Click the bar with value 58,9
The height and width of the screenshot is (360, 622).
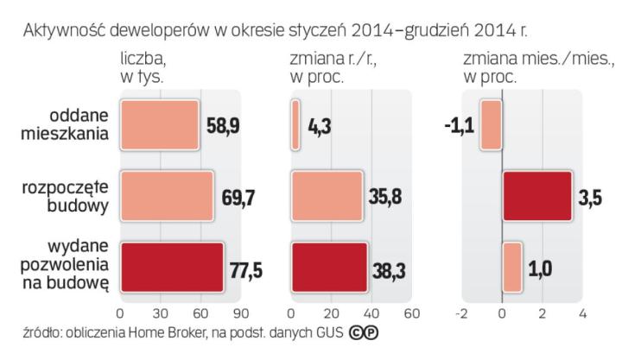(160, 125)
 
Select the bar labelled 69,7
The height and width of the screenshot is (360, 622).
(167, 196)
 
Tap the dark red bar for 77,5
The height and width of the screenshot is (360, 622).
(172, 267)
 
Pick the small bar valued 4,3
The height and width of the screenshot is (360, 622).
(296, 125)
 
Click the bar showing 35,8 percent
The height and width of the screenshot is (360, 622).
(327, 196)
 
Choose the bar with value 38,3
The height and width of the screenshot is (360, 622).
(330, 267)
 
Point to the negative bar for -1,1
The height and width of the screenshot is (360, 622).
(492, 125)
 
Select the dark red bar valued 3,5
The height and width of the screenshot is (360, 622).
(537, 196)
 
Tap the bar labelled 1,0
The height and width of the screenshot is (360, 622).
(512, 267)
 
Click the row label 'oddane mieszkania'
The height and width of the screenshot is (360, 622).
(66, 125)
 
